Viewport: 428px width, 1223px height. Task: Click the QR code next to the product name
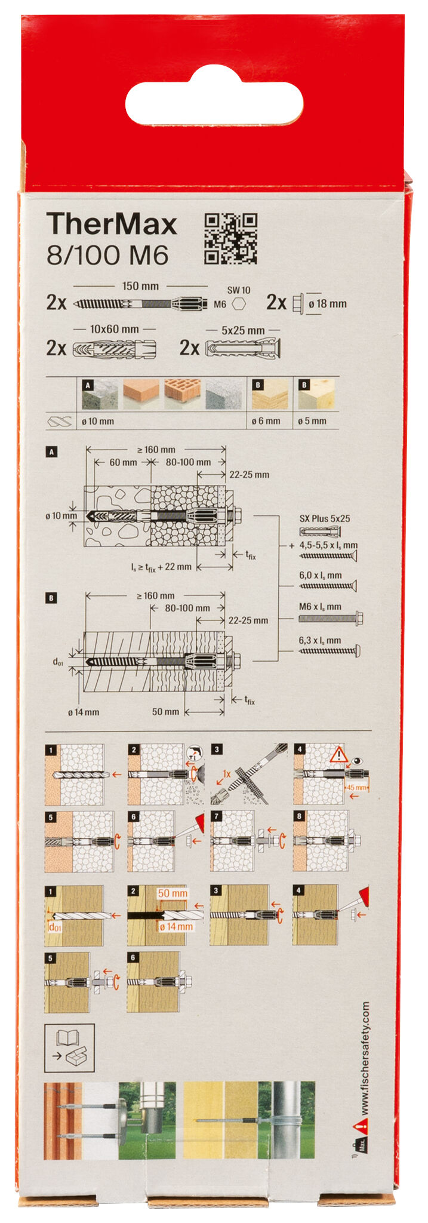point(230,239)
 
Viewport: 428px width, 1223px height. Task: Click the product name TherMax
point(112,225)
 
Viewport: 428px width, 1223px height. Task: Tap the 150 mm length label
point(140,286)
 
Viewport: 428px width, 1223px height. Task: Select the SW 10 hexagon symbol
point(239,304)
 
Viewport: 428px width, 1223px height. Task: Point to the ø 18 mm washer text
point(327,303)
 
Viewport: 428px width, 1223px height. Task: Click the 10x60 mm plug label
point(114,329)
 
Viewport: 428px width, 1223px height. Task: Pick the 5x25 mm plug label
point(243,330)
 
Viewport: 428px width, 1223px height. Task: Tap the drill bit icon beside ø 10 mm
point(58,422)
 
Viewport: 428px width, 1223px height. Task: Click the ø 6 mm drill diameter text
point(266,421)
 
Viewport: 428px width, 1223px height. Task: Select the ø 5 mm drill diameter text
point(312,421)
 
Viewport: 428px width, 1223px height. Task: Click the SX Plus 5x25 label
point(324,518)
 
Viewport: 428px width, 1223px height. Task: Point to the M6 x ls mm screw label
point(320,607)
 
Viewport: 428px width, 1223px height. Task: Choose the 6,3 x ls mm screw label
point(320,640)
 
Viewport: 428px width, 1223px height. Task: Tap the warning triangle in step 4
point(339,756)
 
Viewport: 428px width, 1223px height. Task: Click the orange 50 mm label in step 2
point(173,893)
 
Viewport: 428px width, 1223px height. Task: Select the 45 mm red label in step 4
point(357,788)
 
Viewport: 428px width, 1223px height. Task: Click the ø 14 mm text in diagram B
point(84,712)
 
